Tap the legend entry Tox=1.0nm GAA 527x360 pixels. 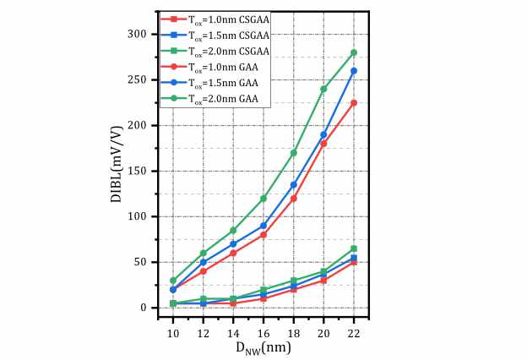coord(216,67)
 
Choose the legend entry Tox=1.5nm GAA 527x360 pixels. coord(216,83)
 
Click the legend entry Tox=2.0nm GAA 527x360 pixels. coord(216,99)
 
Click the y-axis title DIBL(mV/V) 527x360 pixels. coord(117,171)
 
